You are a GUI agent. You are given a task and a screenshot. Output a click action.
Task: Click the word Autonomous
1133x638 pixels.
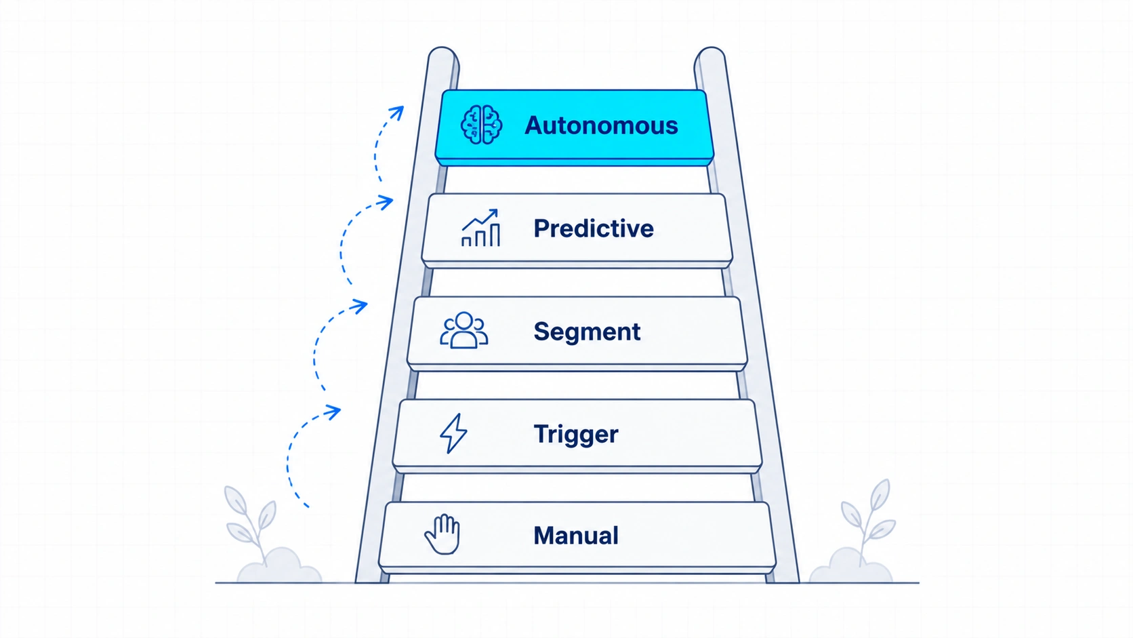point(601,125)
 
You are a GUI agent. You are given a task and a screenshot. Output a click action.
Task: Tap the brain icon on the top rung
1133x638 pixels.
point(481,125)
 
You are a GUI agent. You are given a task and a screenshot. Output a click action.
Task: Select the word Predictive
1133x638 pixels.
point(594,228)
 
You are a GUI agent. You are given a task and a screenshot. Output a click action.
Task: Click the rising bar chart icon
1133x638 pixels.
point(480,228)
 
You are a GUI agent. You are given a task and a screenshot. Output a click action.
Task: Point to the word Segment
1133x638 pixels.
point(587,332)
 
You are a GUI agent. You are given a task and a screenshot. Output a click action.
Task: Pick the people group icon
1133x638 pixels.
point(464,330)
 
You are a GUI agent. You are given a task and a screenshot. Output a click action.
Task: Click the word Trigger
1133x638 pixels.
point(575,435)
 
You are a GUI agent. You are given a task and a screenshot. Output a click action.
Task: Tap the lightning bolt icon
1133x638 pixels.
point(453,433)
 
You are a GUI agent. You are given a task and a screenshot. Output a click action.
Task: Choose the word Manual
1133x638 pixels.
point(575,536)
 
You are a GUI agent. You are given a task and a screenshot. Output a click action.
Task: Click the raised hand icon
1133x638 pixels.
point(442,534)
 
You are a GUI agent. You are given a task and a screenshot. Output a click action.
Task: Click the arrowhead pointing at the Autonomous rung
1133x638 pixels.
point(397,113)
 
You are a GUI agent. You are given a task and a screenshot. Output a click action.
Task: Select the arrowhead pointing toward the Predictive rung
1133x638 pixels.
point(386,202)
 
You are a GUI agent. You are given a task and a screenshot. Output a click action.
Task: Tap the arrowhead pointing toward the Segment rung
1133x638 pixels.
point(360,306)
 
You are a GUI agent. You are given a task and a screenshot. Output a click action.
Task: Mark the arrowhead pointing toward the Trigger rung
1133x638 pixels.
point(333,412)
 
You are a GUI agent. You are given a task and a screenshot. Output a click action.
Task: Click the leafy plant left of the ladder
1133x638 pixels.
point(251,521)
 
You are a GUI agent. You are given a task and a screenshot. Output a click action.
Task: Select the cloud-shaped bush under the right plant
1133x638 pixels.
point(850,567)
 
